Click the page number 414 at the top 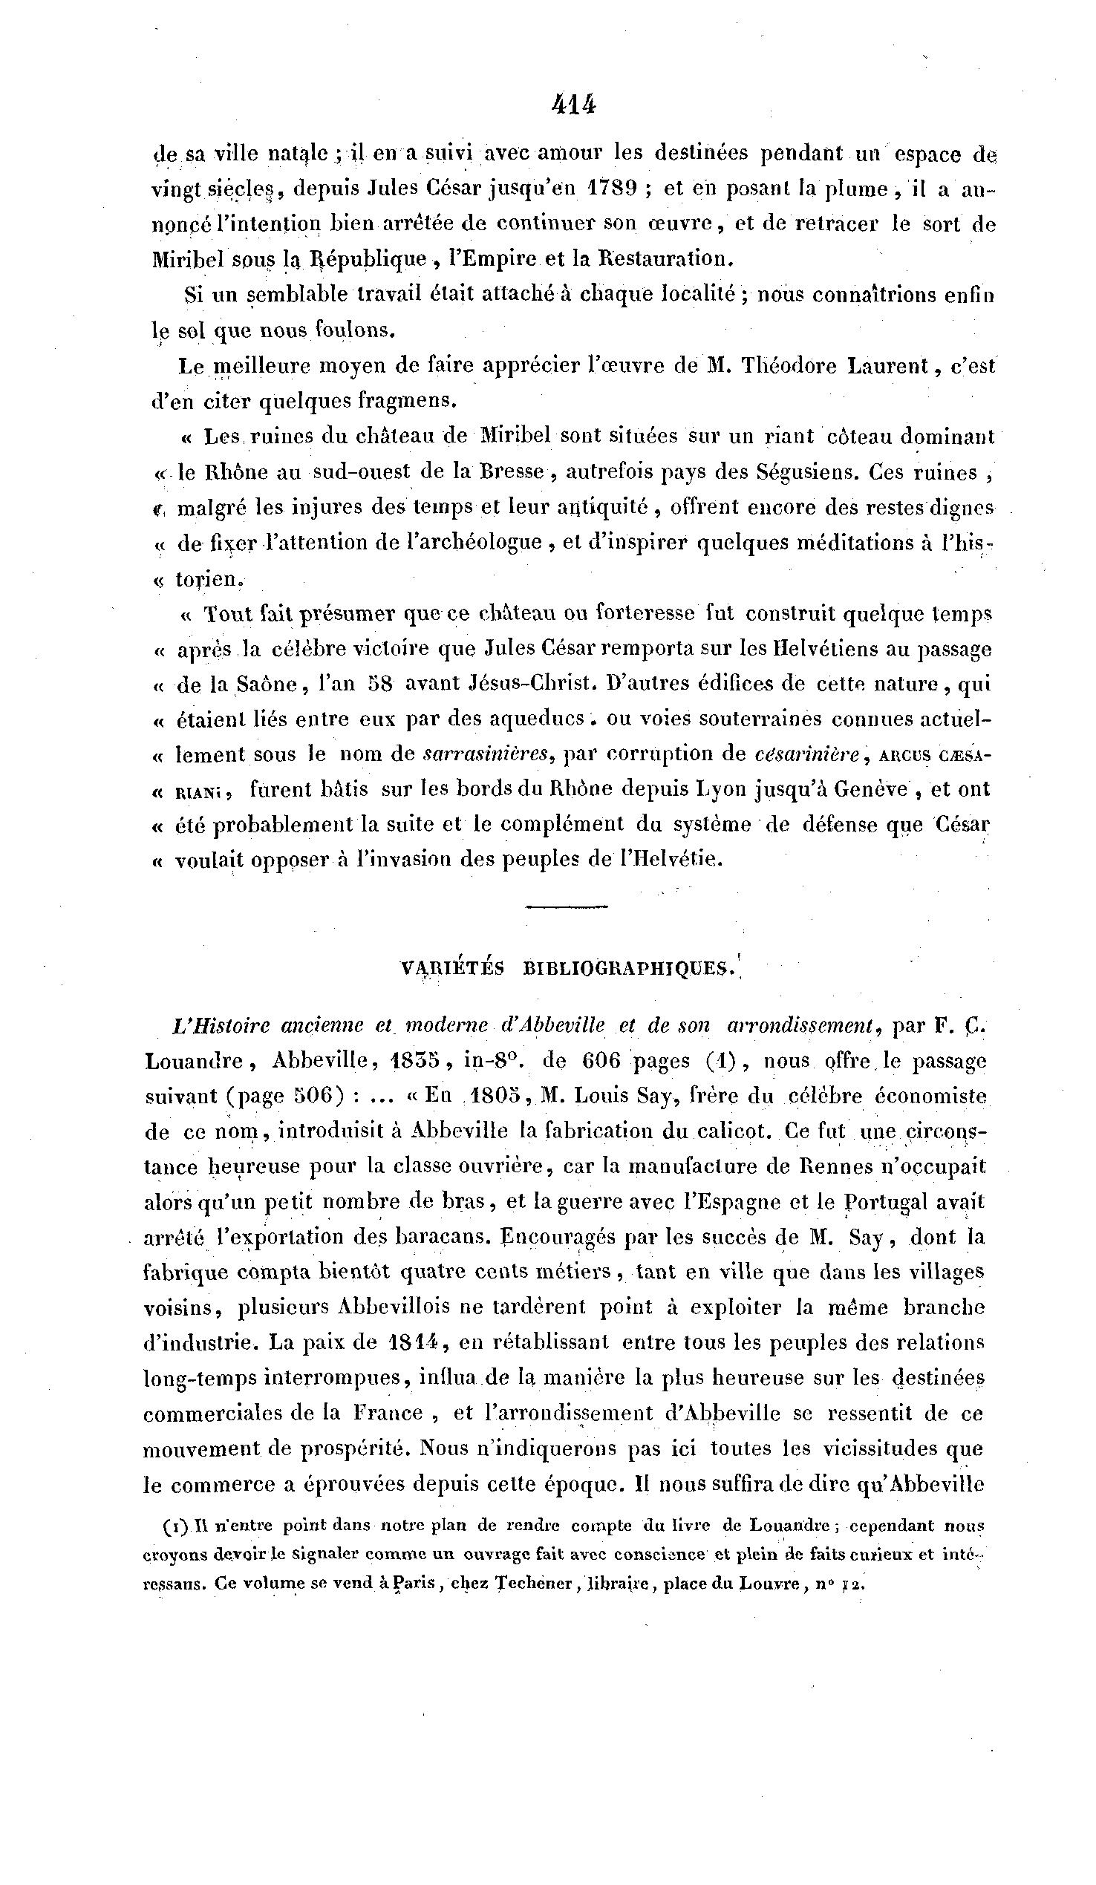coord(574,105)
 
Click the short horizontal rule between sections coord(567,907)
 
